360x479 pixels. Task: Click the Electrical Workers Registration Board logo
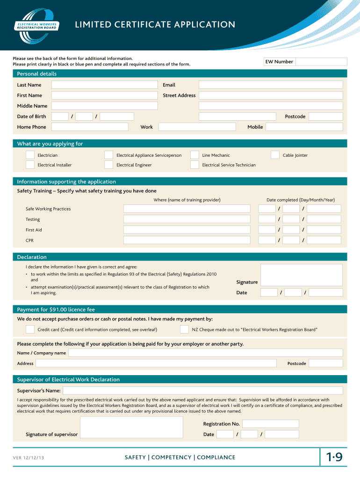tap(37, 25)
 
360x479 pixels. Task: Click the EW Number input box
tap(321, 62)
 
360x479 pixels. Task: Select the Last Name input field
tap(104, 85)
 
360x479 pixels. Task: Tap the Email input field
tap(271, 85)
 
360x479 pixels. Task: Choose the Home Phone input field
tap(90, 127)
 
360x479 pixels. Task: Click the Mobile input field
tap(304, 127)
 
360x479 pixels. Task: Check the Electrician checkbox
tap(30, 155)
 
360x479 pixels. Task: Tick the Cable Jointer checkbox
tap(275, 155)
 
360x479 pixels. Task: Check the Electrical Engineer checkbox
tap(108, 165)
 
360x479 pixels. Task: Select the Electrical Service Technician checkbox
tap(194, 165)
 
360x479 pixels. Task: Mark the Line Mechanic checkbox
tap(194, 155)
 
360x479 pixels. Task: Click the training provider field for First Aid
tap(187, 230)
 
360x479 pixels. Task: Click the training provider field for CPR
tap(187, 240)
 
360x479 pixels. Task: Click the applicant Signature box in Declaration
tap(301, 275)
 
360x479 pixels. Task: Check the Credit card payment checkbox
tap(30, 329)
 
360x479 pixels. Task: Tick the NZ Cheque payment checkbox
tap(184, 329)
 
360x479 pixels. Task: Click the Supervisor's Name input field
tap(202, 391)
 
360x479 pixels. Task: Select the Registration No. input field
tap(270, 424)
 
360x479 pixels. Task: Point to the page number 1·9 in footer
tap(334, 458)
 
